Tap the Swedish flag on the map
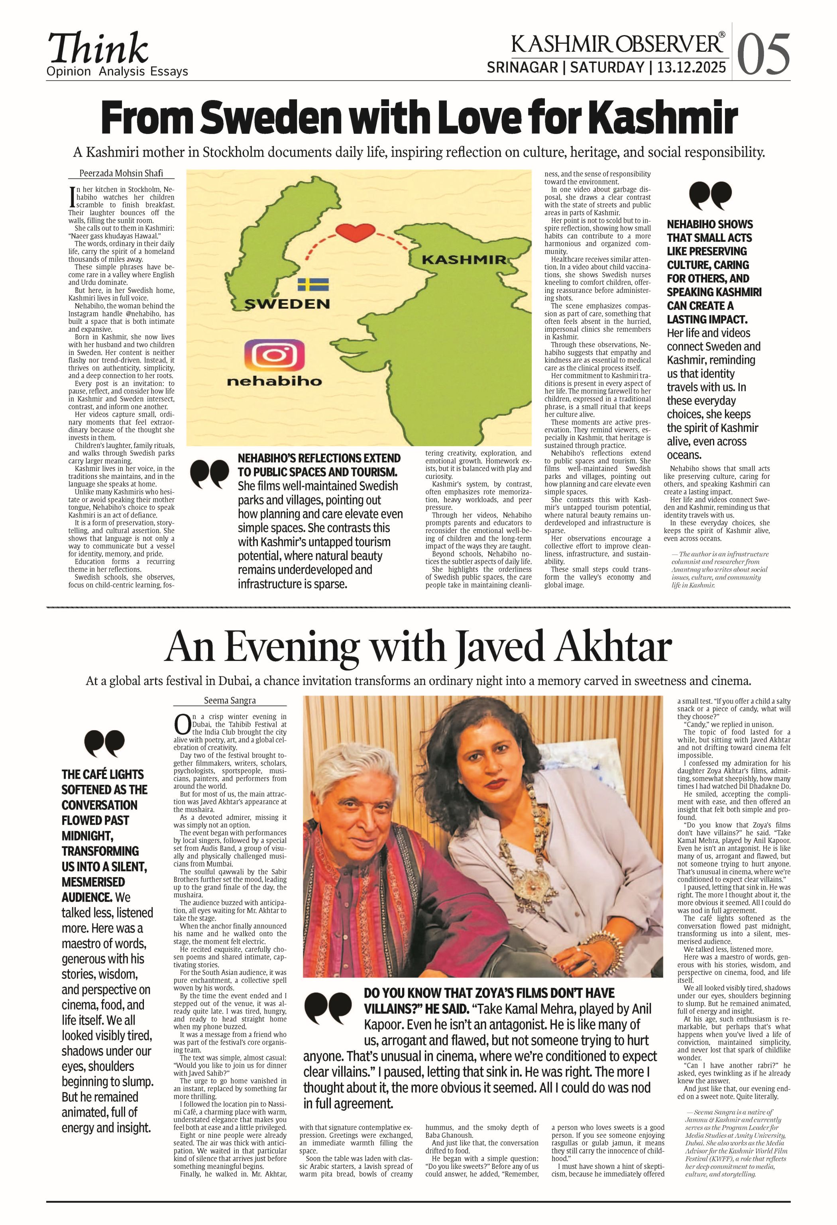tap(313, 285)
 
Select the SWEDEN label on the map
tap(287, 304)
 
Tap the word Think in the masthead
tap(98, 49)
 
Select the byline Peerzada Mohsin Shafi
tap(121, 173)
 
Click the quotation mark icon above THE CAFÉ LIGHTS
tap(104, 744)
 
